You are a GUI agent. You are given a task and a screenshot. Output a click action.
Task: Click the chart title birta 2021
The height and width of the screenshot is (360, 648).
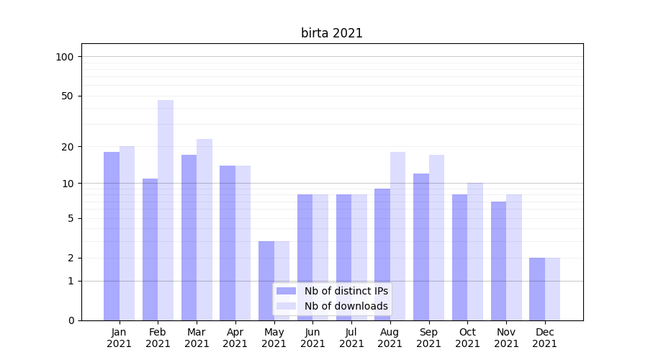point(331,33)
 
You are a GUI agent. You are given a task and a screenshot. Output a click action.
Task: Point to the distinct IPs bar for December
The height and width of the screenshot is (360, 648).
point(537,289)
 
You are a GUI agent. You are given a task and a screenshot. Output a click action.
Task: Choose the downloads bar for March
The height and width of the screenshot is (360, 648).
point(204,230)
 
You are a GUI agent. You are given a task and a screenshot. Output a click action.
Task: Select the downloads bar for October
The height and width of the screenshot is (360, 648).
point(475,251)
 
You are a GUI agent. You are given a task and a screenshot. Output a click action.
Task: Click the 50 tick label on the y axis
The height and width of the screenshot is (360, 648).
point(67,96)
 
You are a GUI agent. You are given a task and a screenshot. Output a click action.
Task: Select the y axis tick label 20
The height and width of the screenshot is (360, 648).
point(67,147)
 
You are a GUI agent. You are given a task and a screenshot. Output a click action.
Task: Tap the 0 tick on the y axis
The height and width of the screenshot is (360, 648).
point(70,320)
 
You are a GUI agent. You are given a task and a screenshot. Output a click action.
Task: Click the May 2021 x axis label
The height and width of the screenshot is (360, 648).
point(274,338)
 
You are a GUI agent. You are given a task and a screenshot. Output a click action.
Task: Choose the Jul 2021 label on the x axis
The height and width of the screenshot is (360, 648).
point(351,338)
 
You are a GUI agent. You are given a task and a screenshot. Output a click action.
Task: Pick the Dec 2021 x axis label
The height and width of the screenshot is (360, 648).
point(545,338)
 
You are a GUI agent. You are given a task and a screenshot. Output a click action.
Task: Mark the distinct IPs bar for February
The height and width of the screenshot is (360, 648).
point(150,249)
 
